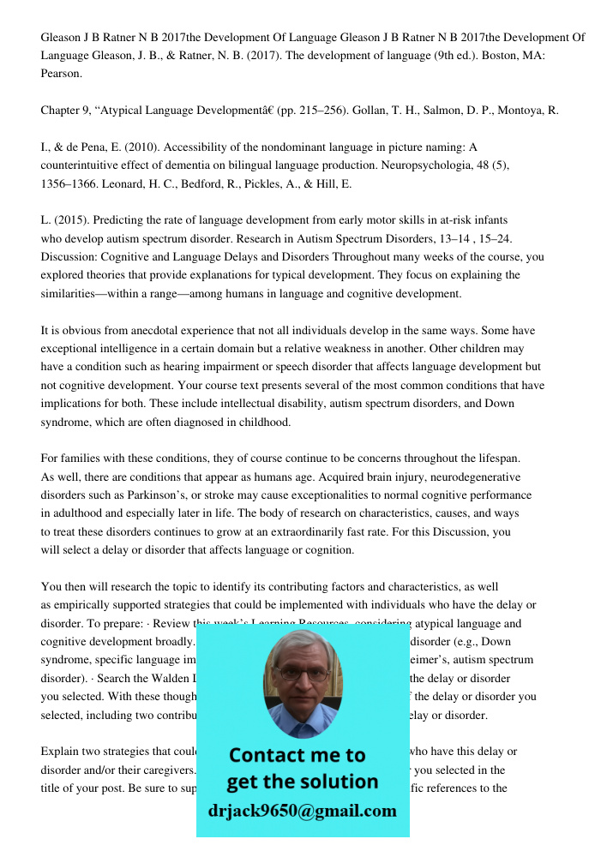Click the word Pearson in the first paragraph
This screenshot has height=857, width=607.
point(62,74)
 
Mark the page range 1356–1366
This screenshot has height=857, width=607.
point(74,183)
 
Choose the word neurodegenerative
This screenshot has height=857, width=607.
point(473,477)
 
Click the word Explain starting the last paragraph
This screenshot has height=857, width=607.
point(61,752)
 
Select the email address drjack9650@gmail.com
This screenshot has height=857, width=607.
point(302,811)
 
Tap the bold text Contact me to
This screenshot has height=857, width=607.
point(297,755)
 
